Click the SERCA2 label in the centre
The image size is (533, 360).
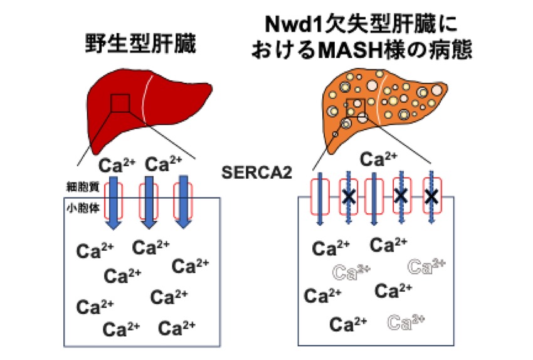tap(256, 172)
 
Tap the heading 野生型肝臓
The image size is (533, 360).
tap(140, 44)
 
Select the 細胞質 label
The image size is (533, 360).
tap(83, 187)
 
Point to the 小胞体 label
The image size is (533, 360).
tap(83, 208)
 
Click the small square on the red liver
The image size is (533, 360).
tap(120, 103)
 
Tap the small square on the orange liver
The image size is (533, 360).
tap(356, 108)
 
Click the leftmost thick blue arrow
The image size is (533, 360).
tap(113, 203)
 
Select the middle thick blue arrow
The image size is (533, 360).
tap(149, 203)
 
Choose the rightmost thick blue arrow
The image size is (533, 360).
tap(184, 203)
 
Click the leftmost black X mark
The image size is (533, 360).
tap(349, 196)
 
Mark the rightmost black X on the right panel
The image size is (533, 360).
tap(431, 196)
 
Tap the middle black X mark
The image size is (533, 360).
tap(401, 196)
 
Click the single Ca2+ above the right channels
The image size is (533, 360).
tap(378, 159)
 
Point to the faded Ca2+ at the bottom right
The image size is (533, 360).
tap(406, 322)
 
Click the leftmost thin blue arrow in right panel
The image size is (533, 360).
tap(320, 199)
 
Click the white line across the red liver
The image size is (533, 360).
tap(144, 98)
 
